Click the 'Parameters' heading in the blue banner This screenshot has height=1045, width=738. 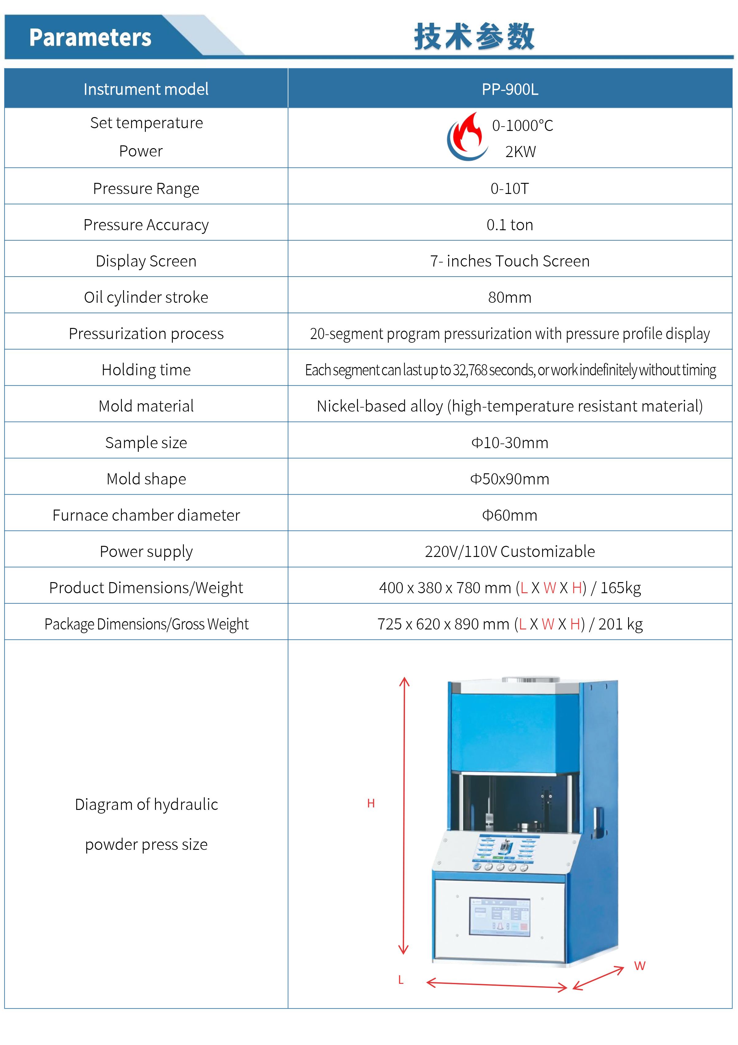(90, 37)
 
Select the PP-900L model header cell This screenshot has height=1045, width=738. (510, 89)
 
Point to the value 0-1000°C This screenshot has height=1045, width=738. (522, 126)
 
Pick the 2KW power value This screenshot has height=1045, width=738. (521, 152)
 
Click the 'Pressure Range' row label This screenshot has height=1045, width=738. (146, 188)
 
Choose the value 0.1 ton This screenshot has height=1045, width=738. (510, 225)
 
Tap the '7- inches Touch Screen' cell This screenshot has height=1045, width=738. (510, 261)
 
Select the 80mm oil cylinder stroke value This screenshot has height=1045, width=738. (510, 298)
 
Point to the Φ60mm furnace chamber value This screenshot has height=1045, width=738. (510, 515)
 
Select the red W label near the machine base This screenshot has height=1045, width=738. (640, 966)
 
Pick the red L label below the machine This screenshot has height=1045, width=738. (401, 980)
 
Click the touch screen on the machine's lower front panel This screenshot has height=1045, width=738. (500, 917)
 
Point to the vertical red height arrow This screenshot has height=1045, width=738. (404, 815)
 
